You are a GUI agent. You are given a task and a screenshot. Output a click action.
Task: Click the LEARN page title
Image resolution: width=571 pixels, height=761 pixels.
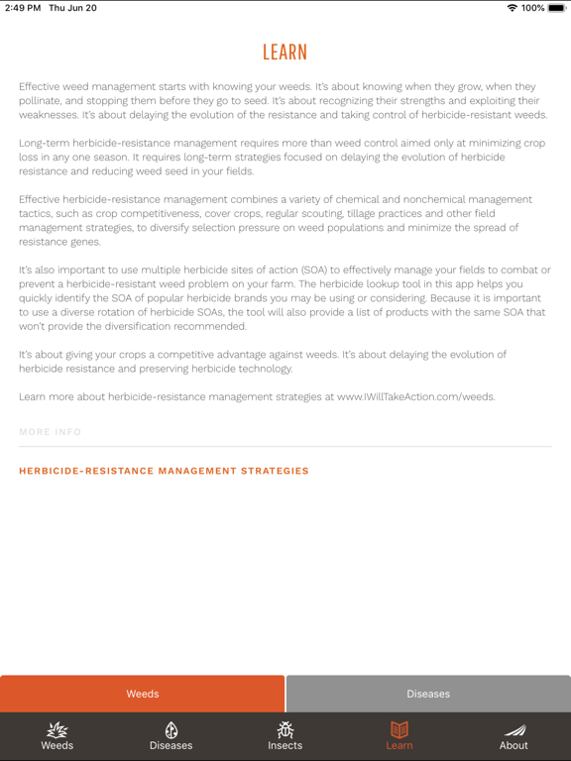point(285,53)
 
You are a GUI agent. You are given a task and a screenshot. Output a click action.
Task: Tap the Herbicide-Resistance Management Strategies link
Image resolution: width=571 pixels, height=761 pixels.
point(164,472)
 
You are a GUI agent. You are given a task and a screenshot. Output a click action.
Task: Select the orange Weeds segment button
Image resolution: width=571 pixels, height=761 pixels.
point(143,694)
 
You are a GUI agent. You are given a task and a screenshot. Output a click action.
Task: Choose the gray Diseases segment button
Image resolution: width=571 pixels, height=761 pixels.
point(428,694)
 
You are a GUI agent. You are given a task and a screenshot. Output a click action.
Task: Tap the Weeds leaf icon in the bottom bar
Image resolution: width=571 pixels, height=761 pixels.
point(57,729)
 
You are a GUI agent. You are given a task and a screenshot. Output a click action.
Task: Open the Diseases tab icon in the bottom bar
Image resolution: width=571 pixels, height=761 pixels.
point(171,729)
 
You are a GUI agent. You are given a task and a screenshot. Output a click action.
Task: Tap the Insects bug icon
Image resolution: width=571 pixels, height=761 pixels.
point(285,729)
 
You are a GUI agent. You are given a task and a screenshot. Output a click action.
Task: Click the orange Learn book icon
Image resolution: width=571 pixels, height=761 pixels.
point(400,729)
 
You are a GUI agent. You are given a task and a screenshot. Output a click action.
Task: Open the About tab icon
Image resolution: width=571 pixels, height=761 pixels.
point(514,729)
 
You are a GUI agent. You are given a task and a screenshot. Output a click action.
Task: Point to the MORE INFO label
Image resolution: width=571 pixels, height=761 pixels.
point(50,432)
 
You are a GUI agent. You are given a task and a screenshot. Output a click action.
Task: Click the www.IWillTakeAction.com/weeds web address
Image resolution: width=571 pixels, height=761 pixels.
point(414,397)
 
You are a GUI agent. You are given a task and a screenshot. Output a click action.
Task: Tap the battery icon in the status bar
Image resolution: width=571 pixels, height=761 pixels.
point(556,8)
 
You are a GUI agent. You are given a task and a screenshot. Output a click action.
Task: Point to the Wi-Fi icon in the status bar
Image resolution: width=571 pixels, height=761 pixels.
point(512,8)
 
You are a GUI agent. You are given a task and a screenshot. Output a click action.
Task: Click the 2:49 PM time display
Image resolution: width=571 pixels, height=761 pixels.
point(22,8)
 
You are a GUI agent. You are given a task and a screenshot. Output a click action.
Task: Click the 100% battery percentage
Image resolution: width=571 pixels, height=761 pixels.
point(533,8)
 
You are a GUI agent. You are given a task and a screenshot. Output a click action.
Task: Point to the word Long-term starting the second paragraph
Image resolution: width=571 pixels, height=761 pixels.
point(45,144)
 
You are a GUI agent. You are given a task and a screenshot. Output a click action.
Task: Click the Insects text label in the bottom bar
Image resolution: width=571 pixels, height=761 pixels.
point(285,745)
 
